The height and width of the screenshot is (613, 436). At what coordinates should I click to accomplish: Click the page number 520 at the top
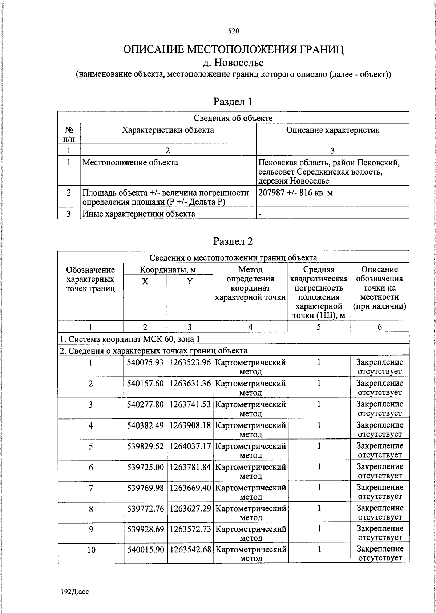coord(233,31)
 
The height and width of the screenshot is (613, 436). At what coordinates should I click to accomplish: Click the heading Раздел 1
coord(233,102)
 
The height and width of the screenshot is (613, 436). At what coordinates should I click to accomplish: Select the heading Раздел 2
coord(233,241)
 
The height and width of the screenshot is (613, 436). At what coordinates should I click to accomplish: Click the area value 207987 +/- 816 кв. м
coord(295,193)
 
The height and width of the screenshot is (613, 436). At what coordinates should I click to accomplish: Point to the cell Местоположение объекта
coord(130,163)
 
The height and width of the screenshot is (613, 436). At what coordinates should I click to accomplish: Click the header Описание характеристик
coord(332,130)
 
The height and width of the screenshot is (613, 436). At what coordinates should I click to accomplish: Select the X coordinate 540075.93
coord(145,362)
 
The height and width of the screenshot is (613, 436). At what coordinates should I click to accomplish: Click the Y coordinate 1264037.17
coord(190,446)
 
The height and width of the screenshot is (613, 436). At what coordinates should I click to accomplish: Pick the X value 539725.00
coord(145,467)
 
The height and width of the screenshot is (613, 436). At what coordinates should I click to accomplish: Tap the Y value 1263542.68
coord(190,550)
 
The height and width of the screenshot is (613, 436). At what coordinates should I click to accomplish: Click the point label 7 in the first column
coord(91,488)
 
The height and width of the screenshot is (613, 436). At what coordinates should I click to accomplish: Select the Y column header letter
coord(190,281)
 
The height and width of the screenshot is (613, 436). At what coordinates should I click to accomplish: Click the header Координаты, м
coord(168,270)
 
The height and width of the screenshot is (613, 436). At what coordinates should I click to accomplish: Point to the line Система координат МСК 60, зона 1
coord(130,339)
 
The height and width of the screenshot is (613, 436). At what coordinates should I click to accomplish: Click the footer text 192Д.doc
coord(74,592)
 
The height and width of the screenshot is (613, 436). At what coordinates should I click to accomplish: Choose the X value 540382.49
coord(145,425)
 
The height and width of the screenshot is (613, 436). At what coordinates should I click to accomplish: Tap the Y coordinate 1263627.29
coord(190,508)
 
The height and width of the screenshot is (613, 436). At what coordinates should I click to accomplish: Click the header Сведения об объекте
coord(233,118)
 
